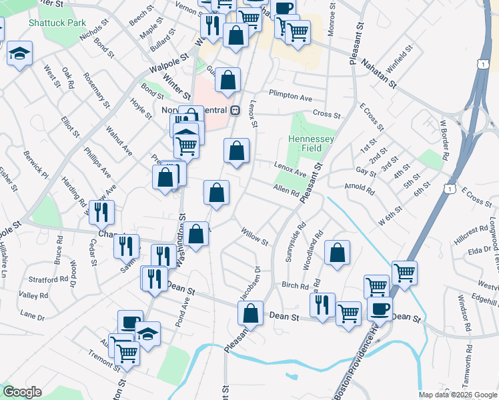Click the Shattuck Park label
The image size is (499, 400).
[x=57, y=23]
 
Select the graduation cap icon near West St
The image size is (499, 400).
[x=20, y=54]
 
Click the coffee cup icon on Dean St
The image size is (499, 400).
[x=380, y=308]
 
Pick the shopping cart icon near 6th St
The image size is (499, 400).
[x=404, y=272]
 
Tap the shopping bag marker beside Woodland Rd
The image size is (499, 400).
[x=338, y=253]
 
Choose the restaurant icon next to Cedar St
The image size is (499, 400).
[x=101, y=212]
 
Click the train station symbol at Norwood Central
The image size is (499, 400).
[x=235, y=110]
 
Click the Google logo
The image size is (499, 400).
[x=22, y=392]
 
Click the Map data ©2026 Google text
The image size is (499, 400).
[x=458, y=395]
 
